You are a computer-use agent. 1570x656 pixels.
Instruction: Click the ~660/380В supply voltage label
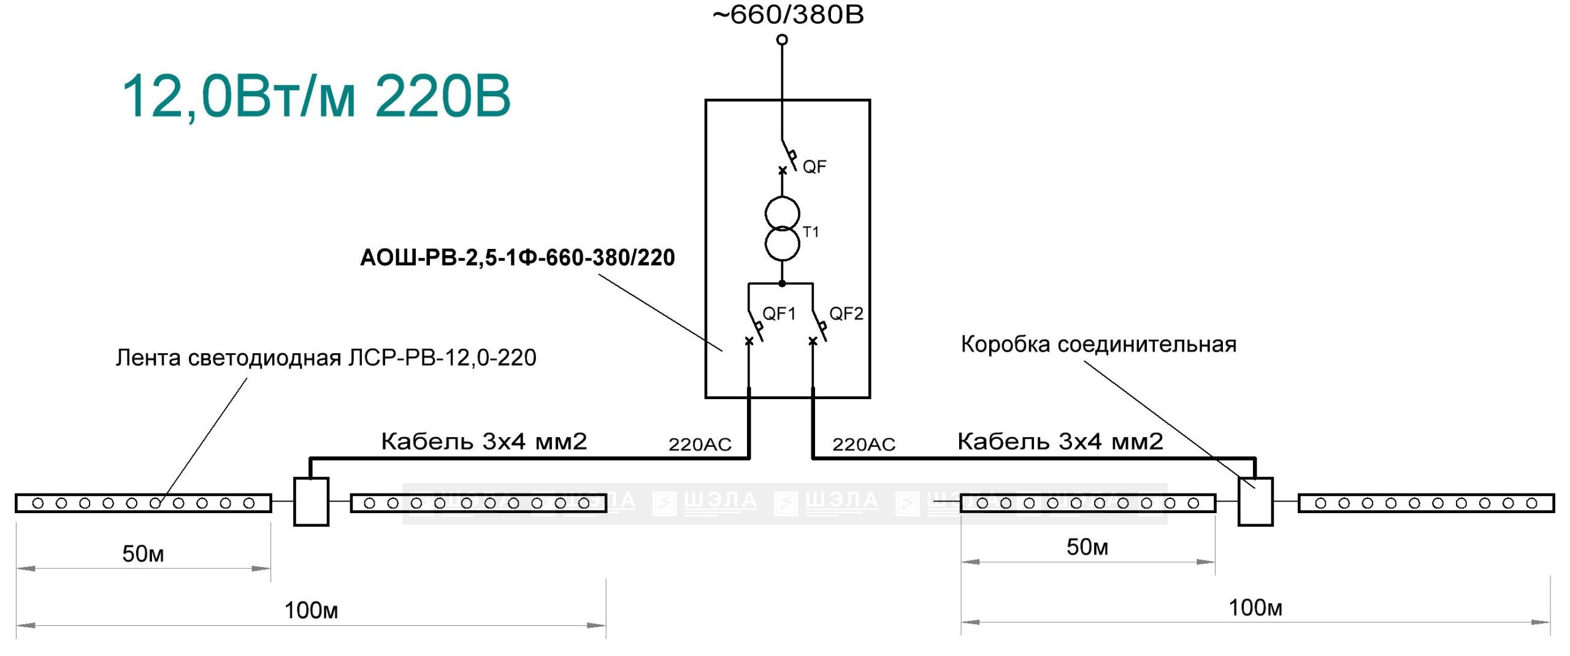point(788,15)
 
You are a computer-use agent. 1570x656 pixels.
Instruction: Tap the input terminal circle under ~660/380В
point(782,40)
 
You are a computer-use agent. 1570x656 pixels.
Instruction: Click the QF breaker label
point(814,167)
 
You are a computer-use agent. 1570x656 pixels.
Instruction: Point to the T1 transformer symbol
point(782,229)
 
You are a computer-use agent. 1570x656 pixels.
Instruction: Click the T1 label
point(811,232)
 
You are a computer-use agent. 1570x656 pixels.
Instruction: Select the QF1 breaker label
point(779,314)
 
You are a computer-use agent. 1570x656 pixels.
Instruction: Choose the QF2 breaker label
point(846,314)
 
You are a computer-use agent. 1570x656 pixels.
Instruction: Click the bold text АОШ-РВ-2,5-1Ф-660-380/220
point(518,257)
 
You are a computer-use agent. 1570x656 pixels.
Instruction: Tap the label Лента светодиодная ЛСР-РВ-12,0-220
point(326,357)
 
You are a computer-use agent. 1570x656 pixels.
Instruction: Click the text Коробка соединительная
point(1098,345)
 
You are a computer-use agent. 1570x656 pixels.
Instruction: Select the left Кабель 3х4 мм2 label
point(484,441)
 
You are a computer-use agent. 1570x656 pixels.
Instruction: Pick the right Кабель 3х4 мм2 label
point(1060,441)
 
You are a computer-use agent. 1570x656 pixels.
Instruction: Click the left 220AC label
point(700,444)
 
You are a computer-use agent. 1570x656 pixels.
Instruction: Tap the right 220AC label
point(864,444)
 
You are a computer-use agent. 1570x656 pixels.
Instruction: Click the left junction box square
point(312,502)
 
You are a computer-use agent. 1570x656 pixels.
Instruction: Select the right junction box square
point(1256,502)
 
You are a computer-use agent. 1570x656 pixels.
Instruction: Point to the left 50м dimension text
point(143,554)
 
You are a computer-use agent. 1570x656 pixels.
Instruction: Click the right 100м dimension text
point(1255,608)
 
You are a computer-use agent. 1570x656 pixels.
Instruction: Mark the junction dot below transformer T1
point(782,283)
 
